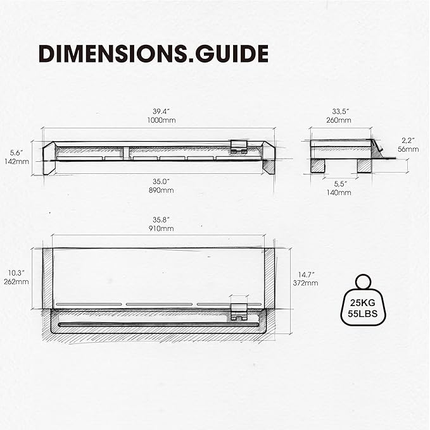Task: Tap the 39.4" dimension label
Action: point(158,111)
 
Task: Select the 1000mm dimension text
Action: point(158,120)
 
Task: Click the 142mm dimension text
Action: point(19,161)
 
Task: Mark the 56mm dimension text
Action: point(408,149)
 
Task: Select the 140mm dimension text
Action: point(339,192)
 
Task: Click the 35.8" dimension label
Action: point(158,219)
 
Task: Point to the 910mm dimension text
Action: point(158,228)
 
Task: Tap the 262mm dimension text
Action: point(17,281)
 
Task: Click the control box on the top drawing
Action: point(239,147)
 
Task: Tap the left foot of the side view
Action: point(319,165)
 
